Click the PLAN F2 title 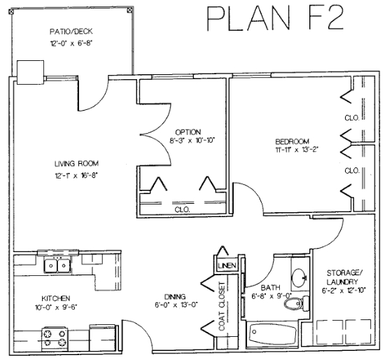275,18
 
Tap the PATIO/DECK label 71,32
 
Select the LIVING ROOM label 76,164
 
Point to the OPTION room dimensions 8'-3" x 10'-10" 192,141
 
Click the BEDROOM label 293,141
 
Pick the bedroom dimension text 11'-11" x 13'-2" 296,150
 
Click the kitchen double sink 57,265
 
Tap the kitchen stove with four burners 55,338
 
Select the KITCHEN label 56,298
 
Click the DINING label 175,296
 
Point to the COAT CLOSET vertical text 222,306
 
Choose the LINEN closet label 227,265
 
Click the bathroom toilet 297,304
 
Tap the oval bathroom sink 299,278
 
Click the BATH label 271,288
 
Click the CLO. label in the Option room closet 182,210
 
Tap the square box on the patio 30,72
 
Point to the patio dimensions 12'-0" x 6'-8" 71,43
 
